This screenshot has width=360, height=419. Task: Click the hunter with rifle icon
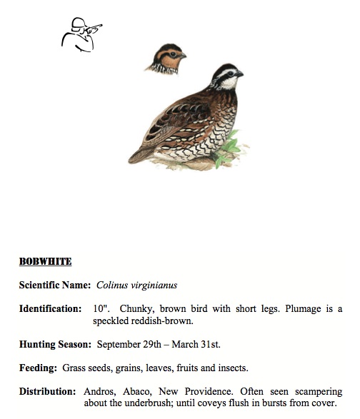point(80,34)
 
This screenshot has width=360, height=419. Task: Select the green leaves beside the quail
point(229,148)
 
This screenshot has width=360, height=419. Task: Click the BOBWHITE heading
point(45,261)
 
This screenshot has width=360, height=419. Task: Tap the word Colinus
point(116,285)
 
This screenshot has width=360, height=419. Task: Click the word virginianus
point(156,285)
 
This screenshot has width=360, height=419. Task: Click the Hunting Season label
point(55,344)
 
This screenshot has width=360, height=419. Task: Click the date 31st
point(209,344)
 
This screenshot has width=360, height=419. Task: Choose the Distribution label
point(48,391)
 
